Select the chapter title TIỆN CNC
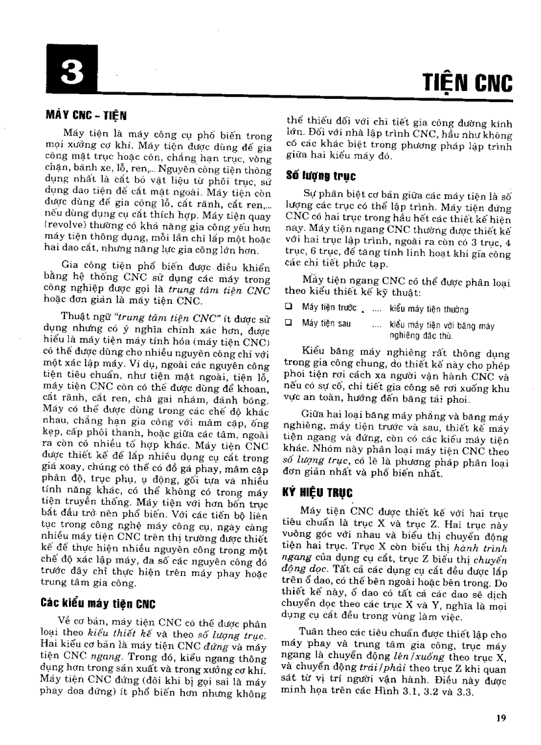467,83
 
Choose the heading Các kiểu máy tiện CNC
97,604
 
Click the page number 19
501,716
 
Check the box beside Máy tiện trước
289,307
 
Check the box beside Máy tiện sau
289,323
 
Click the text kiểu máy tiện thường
428,309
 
